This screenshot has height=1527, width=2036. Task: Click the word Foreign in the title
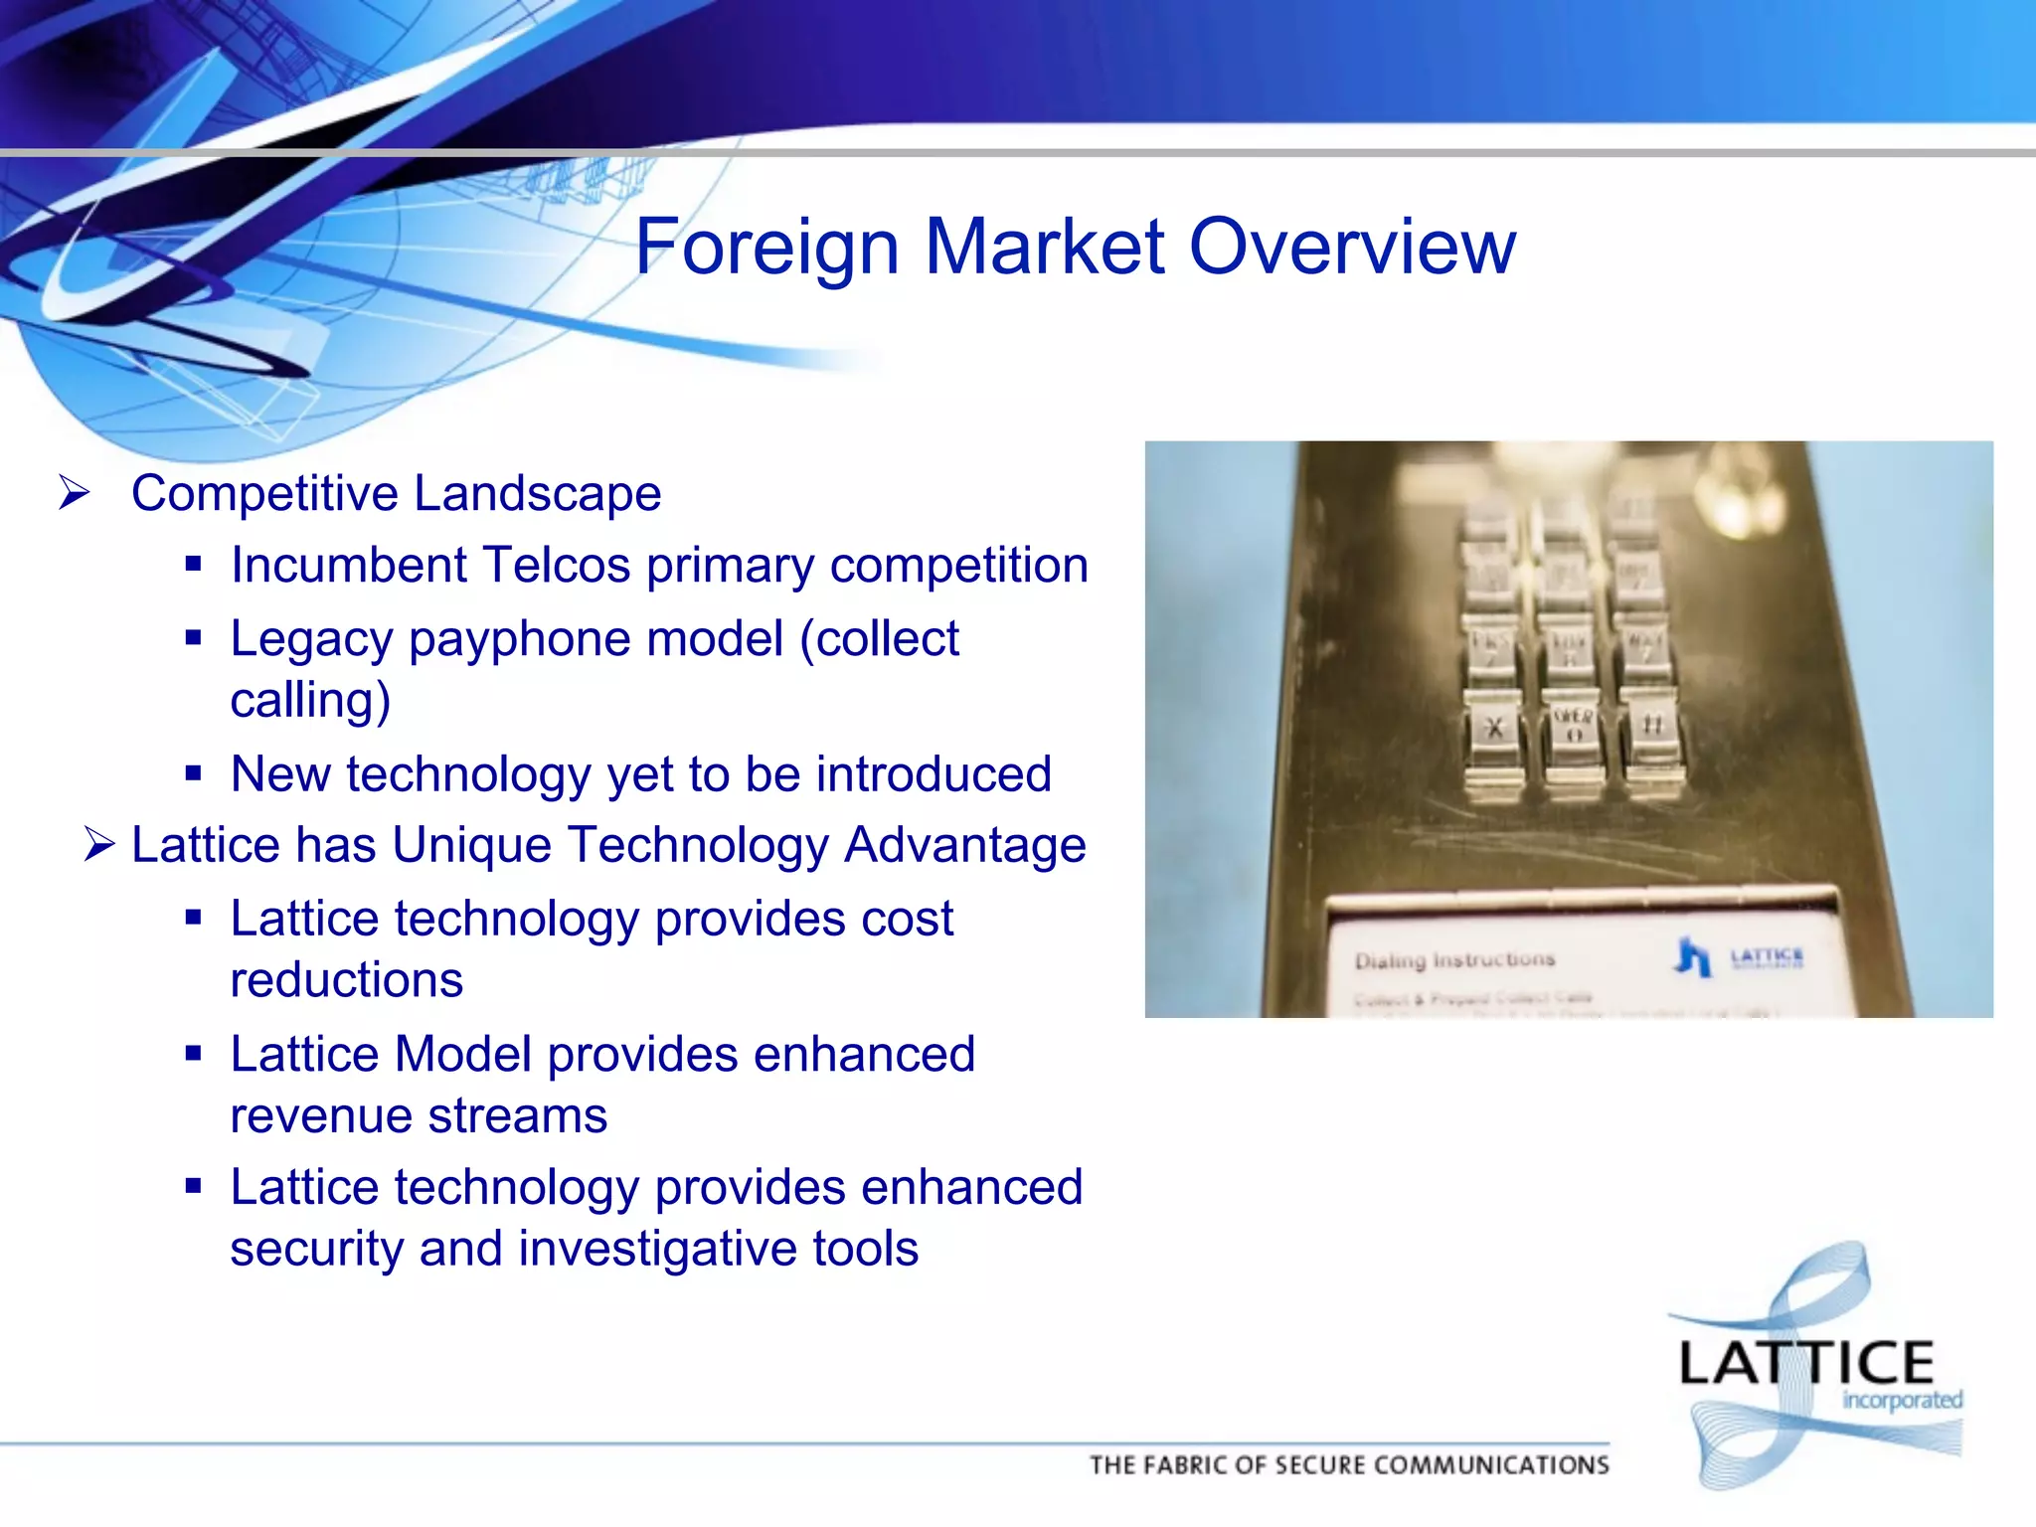pos(766,248)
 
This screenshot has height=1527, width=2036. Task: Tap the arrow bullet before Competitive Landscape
pos(75,492)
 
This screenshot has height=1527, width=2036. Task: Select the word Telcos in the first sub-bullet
pos(557,566)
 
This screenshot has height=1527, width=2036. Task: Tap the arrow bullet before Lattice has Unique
pos(100,845)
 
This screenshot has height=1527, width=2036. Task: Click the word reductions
pos(347,980)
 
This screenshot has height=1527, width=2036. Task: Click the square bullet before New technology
pos(194,773)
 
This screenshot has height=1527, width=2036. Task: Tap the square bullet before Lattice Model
pos(194,1054)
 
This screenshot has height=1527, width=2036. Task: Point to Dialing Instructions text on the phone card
pos(1453,960)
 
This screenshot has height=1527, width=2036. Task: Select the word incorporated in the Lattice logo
pos(1902,1401)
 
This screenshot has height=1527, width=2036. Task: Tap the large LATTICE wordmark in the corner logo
pos(1805,1363)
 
